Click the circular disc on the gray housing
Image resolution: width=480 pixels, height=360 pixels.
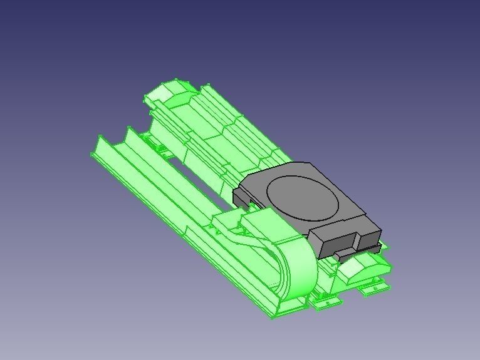coord(304,197)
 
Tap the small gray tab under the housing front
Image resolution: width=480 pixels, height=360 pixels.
coord(344,254)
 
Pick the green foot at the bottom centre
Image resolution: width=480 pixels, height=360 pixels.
coord(326,302)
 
